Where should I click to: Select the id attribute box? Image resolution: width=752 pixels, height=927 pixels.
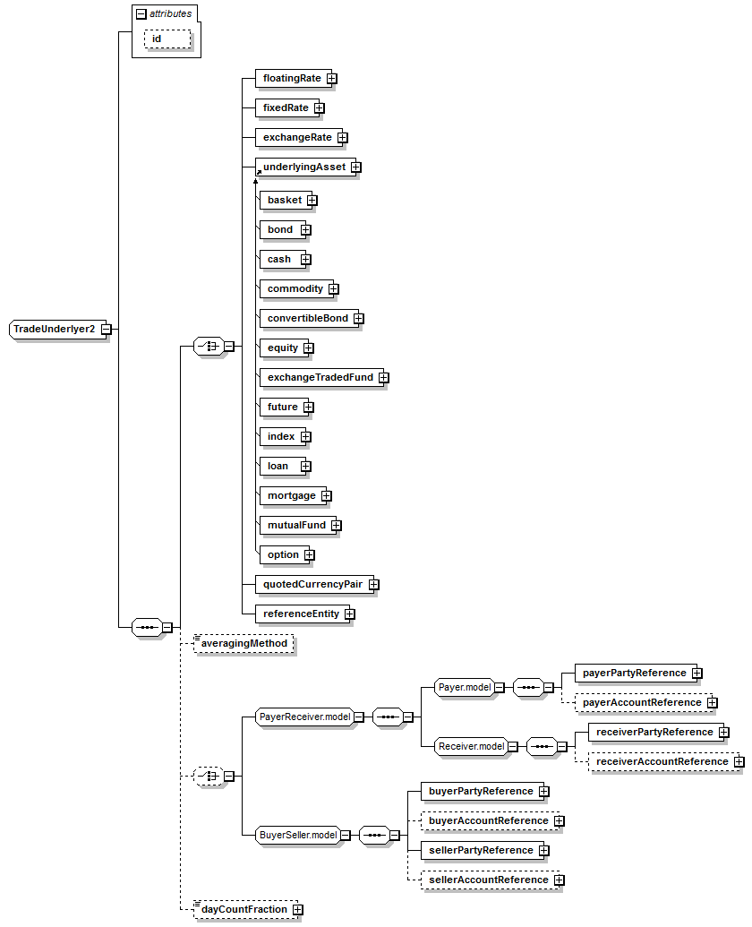coord(167,39)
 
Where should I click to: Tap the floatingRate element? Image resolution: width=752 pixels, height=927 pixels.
coord(293,78)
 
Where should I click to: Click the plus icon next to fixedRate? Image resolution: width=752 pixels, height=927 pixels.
coord(320,107)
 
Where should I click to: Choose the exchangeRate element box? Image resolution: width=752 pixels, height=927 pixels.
coord(298,137)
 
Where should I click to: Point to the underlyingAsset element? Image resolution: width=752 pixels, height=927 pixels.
coord(305,167)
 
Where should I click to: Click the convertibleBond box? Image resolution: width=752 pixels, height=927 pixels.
coord(308,318)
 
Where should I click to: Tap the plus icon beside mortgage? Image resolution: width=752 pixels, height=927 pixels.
coord(327,495)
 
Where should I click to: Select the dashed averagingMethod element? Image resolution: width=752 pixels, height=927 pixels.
coord(244,643)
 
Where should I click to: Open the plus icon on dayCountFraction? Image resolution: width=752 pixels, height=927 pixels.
coord(298,909)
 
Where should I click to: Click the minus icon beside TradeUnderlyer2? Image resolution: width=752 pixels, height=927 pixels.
coord(107,330)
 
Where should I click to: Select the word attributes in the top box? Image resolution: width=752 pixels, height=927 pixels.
coord(171,13)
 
